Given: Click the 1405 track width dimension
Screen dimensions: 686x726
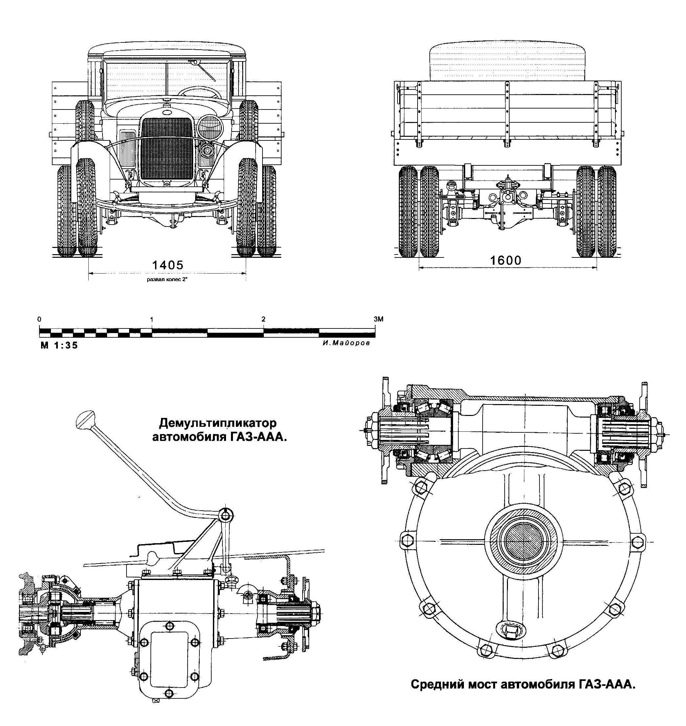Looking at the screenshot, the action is (168, 265).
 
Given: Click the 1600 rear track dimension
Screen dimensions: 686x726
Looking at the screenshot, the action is (505, 260).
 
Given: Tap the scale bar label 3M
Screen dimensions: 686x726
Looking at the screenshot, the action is (378, 319).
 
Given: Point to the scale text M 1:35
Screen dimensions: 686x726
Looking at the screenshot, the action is (59, 345).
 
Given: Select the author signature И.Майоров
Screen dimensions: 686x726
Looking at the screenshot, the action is (346, 343).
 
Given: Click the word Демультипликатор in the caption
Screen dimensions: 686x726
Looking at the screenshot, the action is (218, 423).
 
